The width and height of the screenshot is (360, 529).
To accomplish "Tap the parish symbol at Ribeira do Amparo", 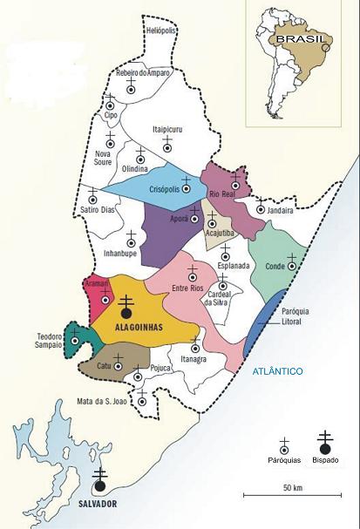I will click(x=131, y=88).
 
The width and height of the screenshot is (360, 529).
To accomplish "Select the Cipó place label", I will click(x=111, y=114).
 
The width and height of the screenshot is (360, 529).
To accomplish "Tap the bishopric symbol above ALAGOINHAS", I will click(x=126, y=307).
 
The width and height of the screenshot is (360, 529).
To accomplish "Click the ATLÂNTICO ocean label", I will click(x=277, y=371).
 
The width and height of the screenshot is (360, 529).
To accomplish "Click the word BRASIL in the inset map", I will click(x=295, y=38).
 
